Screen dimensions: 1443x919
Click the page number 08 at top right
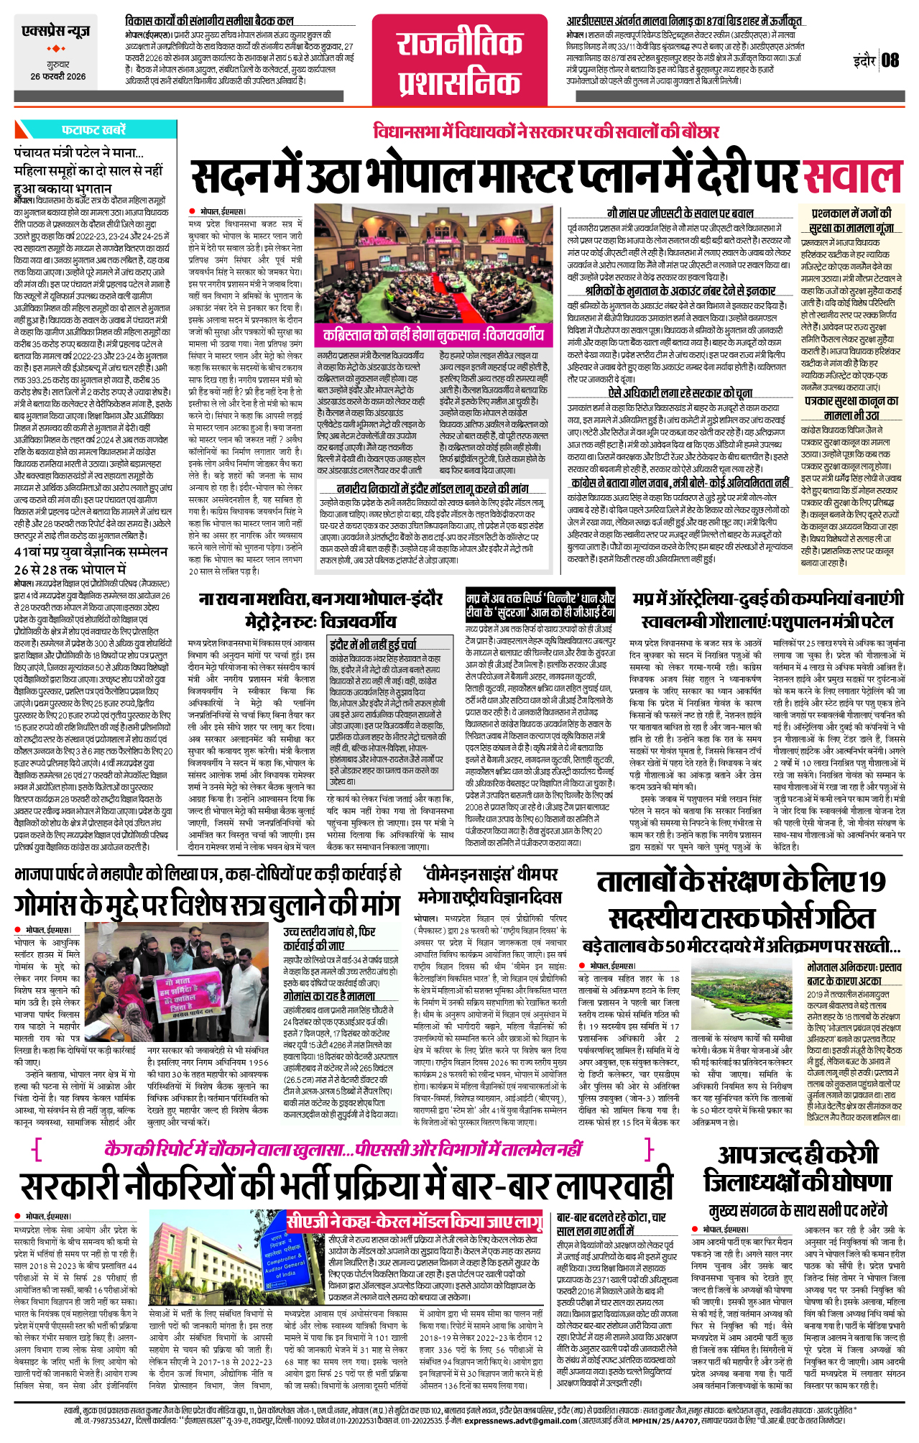(890, 60)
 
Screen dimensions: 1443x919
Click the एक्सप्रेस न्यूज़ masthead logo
(56, 32)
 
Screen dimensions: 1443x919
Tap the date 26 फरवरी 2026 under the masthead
(57, 76)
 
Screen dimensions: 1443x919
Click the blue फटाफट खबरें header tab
(93, 130)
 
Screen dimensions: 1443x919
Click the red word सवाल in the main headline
(851, 178)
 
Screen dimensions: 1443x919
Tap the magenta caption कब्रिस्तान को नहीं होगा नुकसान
(433, 336)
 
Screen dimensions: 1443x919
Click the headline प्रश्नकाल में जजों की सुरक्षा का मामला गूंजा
(851, 220)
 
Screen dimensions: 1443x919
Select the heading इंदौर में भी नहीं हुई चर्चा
(373, 644)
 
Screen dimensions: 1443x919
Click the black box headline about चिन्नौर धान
(540, 605)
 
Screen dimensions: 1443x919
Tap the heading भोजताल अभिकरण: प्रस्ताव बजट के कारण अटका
(854, 974)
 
